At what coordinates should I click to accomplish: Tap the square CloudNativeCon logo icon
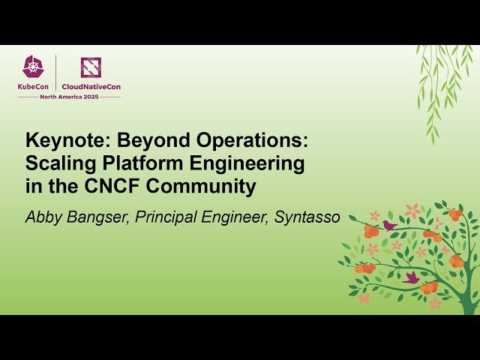(x=91, y=67)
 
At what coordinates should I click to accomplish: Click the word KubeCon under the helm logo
(x=35, y=86)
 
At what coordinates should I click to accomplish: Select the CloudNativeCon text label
(x=91, y=86)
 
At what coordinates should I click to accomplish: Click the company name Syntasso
(x=307, y=218)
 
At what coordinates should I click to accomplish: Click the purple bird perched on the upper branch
(x=388, y=225)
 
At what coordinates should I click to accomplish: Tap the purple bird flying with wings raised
(x=411, y=277)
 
